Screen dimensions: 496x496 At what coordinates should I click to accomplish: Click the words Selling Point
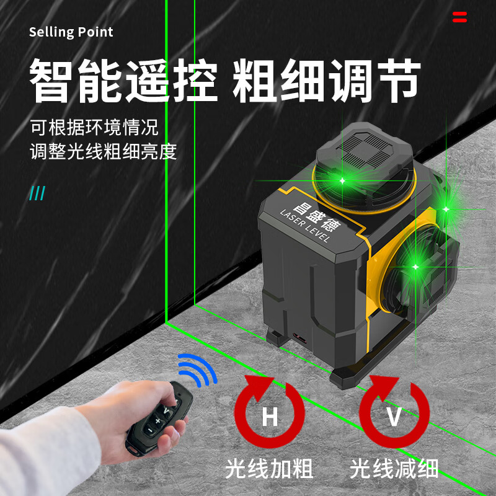click(71, 32)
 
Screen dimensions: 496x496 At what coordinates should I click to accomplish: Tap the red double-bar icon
click(459, 17)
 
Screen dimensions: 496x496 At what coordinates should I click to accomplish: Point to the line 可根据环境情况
click(94, 128)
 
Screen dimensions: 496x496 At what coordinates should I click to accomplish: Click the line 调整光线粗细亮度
click(104, 151)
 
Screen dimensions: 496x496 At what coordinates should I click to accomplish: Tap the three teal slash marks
click(37, 193)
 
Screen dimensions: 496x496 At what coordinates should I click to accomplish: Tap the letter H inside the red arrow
click(270, 417)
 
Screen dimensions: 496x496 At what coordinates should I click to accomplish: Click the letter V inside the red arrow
click(394, 417)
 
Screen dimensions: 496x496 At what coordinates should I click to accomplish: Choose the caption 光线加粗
click(269, 469)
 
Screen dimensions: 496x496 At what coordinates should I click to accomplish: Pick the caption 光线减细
click(394, 469)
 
